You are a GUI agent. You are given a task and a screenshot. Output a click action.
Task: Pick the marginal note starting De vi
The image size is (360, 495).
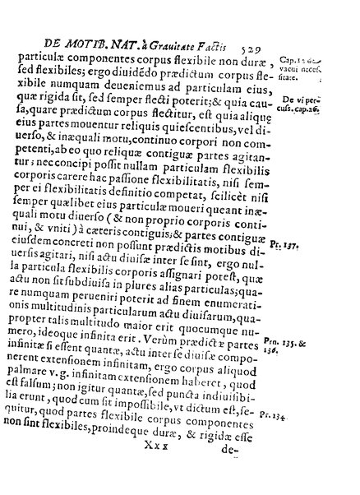click(x=321, y=85)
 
